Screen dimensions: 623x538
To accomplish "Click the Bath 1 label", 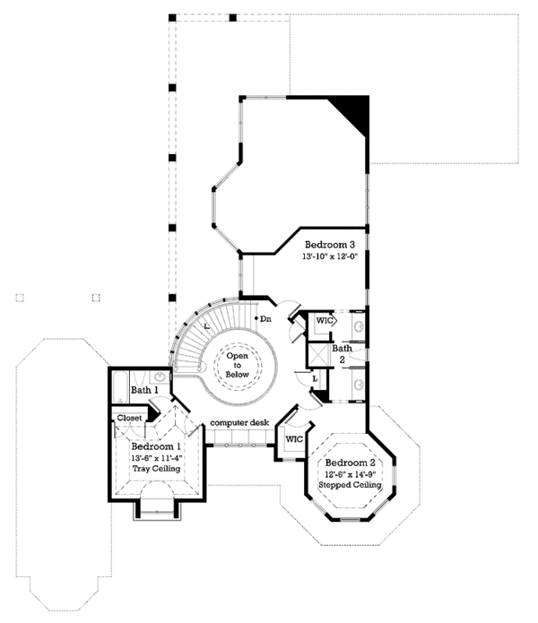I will pos(145,390).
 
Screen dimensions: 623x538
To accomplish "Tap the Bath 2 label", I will pos(342,353).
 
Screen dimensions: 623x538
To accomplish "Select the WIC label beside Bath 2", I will pos(324,320).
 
